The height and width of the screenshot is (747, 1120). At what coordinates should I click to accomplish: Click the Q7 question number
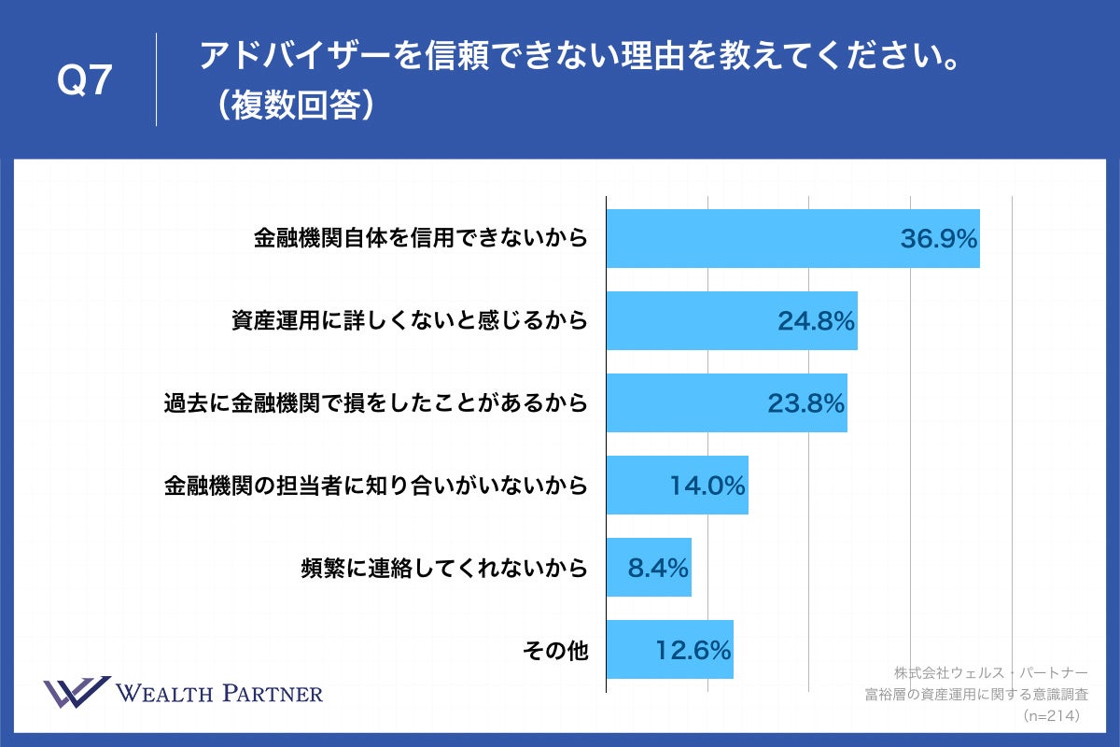(x=85, y=82)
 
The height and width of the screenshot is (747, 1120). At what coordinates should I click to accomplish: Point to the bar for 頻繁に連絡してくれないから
(x=649, y=568)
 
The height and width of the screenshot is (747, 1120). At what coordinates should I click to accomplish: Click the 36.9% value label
(x=938, y=239)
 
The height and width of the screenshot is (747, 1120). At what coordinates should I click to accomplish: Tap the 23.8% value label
(x=805, y=403)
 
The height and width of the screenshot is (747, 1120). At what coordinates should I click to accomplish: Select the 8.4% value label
(x=658, y=568)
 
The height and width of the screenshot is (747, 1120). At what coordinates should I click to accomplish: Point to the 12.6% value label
(x=692, y=650)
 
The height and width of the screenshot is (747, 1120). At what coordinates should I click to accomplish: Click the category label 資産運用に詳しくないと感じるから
(x=410, y=321)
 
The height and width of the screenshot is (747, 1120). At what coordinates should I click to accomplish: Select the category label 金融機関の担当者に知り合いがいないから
(x=375, y=486)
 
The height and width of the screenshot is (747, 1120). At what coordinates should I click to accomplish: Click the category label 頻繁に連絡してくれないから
(x=444, y=568)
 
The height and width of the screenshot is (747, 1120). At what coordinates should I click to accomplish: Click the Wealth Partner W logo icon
(x=77, y=693)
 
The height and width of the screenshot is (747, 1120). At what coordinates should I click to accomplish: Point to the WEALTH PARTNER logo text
(x=219, y=694)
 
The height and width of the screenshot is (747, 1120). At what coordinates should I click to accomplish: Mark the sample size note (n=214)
(x=1051, y=716)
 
